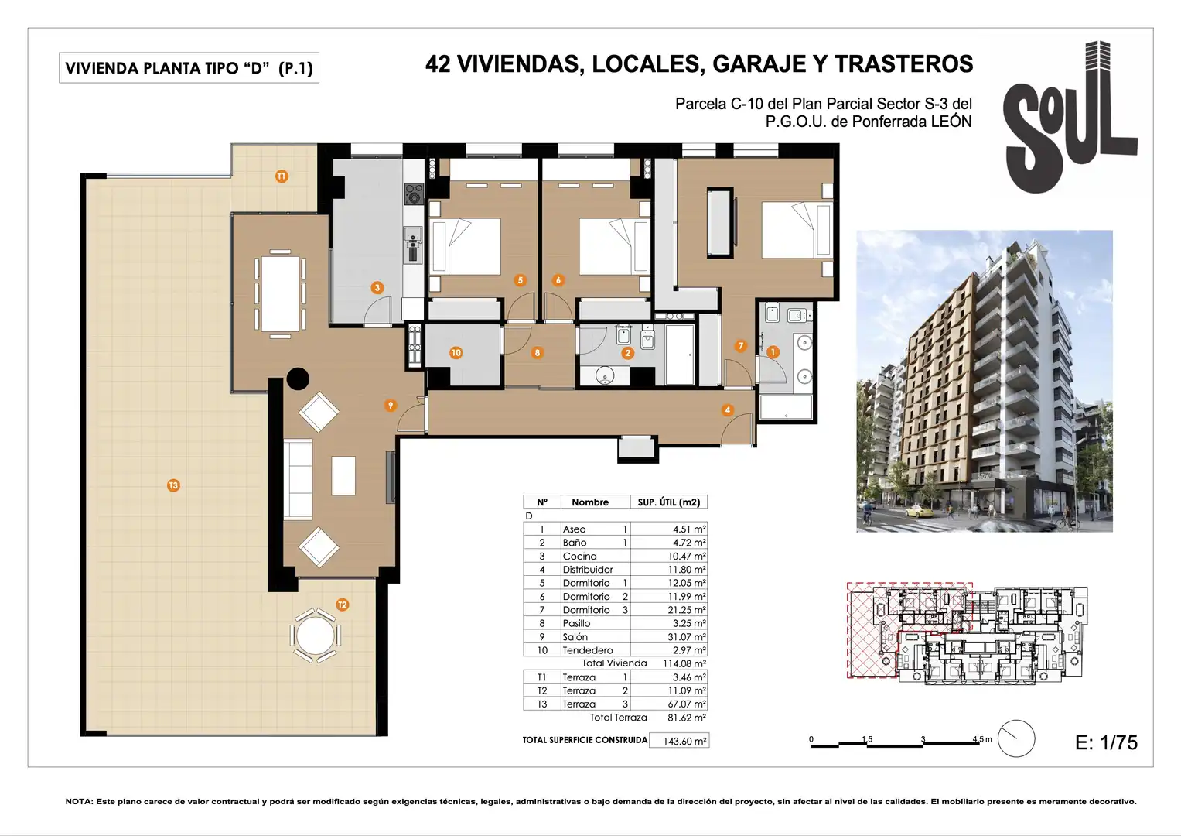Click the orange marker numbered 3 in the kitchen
pos(377,288)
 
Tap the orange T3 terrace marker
pos(173,485)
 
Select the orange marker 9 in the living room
pos(390,406)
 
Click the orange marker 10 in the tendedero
pos(456,352)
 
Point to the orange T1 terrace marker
pos(282,176)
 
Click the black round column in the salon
pos(298,379)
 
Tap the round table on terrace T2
pos(316,636)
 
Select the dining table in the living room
pos(281,293)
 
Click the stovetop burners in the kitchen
pos(414,194)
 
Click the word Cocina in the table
pos(579,557)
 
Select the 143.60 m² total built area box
pos(679,741)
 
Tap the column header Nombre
pos(590,502)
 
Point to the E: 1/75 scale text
pos(1106,742)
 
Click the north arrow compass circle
pos(1016,738)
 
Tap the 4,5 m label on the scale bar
pos(982,739)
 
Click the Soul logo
pos(1070,117)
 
